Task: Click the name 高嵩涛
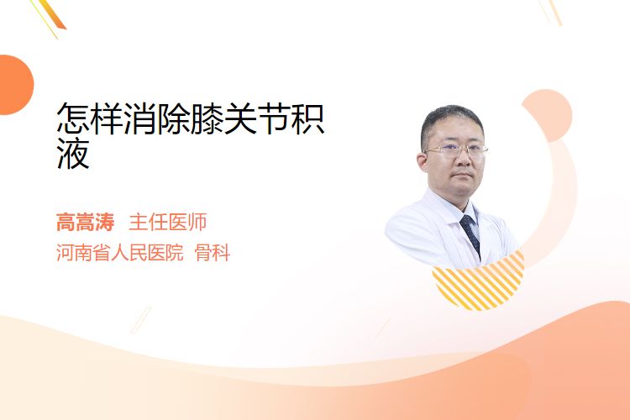(85, 223)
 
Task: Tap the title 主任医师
(168, 223)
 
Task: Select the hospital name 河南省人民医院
(120, 253)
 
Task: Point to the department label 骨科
(213, 253)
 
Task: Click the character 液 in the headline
(73, 153)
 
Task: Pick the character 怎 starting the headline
(73, 118)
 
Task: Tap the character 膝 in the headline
(207, 118)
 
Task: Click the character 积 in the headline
(307, 118)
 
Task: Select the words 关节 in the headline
(257, 118)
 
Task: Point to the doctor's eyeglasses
(456, 150)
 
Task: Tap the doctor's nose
(462, 159)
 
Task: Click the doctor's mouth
(463, 175)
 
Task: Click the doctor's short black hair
(451, 121)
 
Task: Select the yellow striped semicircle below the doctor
(479, 284)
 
